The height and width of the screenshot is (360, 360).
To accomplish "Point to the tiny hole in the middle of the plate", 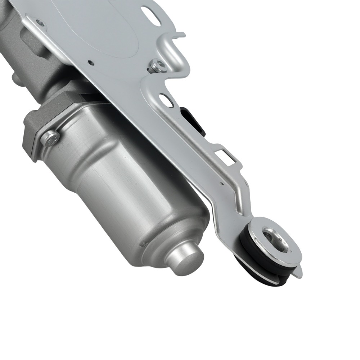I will pos(91,63).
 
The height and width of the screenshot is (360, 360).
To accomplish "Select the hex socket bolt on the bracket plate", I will pos(157,66).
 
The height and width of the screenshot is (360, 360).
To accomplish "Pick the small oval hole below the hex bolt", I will pos(166,100).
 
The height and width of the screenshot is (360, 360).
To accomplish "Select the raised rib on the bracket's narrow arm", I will pos(239,202).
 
